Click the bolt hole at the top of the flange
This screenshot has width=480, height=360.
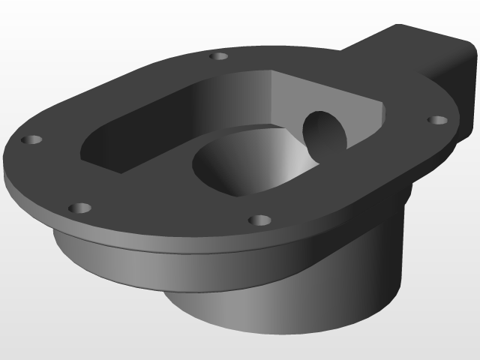[218, 56]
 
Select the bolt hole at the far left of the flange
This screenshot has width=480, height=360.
[32, 140]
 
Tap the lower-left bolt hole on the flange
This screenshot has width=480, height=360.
[79, 208]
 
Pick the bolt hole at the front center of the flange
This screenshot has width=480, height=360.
[259, 220]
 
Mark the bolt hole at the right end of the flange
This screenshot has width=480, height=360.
[437, 120]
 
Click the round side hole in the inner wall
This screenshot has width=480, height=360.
[325, 135]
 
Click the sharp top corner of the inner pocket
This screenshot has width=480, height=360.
[270, 72]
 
